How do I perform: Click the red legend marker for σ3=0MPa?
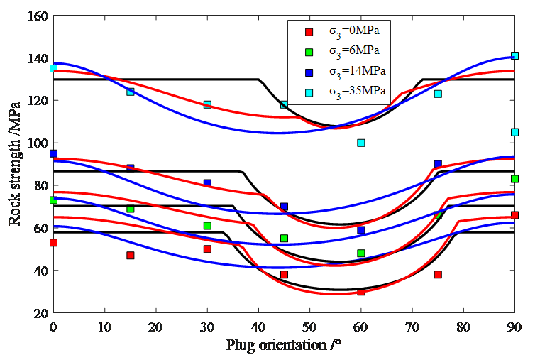(308, 32)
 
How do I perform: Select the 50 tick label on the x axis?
(309, 326)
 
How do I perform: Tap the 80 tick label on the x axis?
(463, 326)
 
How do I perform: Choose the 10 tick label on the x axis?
(104, 326)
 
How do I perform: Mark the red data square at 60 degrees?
(361, 291)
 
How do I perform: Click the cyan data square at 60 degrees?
(361, 143)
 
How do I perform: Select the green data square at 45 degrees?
(284, 239)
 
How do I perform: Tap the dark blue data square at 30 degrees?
(207, 183)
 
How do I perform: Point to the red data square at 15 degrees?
(131, 255)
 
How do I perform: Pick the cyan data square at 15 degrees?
(131, 92)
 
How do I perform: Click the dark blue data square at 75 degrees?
(438, 164)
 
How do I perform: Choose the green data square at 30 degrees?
(207, 226)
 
